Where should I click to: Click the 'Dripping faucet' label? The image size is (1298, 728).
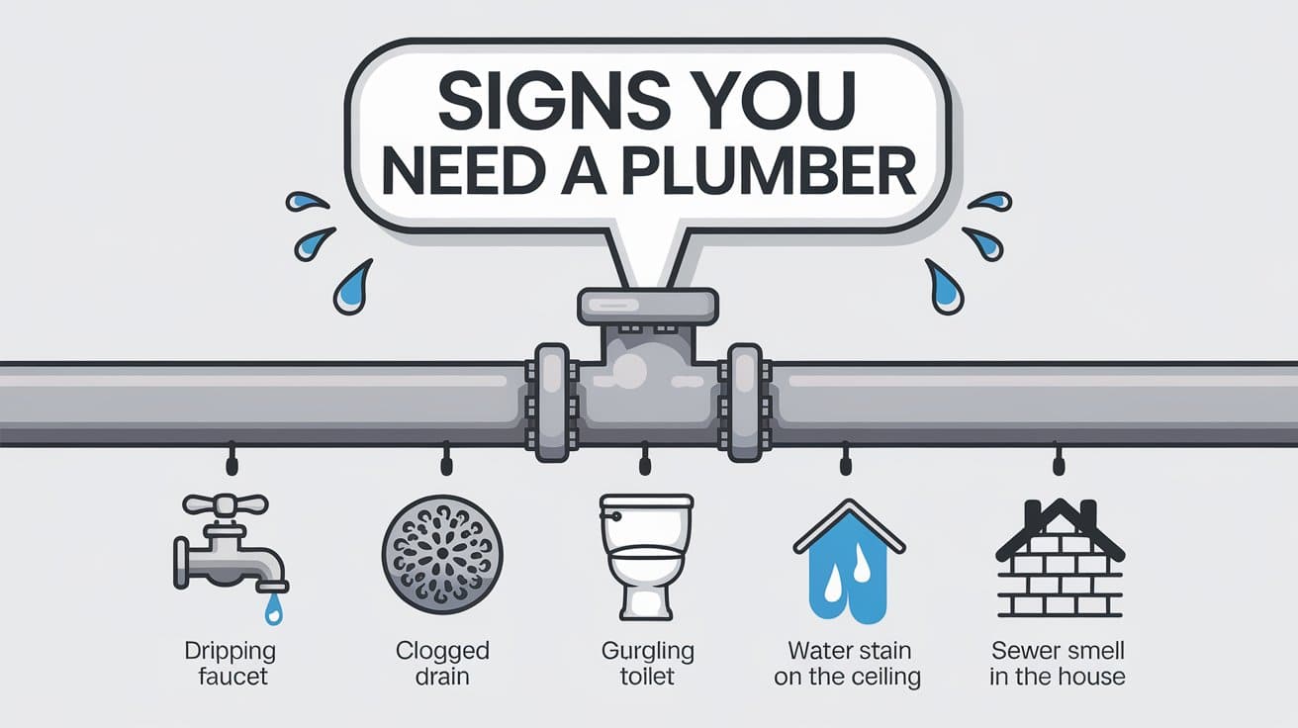[x=230, y=665]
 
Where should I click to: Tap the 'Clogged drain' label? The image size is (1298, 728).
[x=442, y=664]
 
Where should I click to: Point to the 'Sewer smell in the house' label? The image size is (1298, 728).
[x=1060, y=664]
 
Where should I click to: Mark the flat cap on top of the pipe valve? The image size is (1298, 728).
[x=648, y=304]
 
